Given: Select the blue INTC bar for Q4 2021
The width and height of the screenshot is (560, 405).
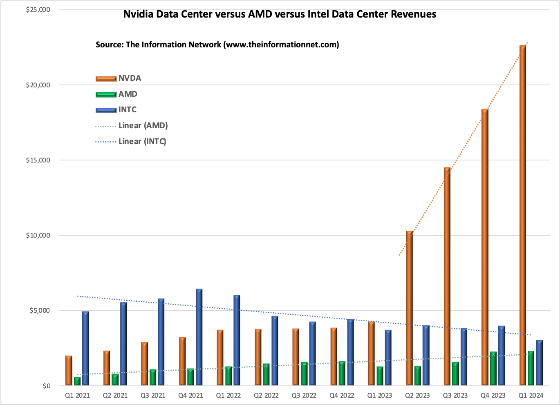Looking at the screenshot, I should (199, 337).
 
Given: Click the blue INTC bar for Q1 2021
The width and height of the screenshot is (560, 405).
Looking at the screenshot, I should (85, 349).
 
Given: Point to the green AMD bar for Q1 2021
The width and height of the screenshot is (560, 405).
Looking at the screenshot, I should (77, 381).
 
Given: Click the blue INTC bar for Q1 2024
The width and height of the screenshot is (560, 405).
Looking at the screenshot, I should (540, 363).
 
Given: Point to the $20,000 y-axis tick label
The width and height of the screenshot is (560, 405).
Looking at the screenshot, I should (38, 85).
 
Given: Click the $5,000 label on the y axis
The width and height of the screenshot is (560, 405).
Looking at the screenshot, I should (39, 310).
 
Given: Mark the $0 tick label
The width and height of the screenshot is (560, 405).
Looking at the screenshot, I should (46, 386).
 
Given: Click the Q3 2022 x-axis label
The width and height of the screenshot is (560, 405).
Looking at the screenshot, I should (304, 395).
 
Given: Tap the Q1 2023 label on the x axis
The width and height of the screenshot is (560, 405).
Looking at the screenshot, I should (379, 395).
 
